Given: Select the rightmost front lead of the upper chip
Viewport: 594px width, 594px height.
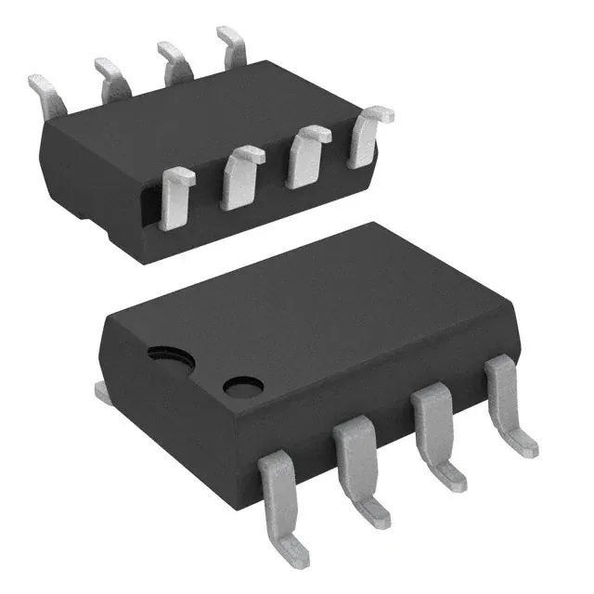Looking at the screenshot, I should [366, 136].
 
